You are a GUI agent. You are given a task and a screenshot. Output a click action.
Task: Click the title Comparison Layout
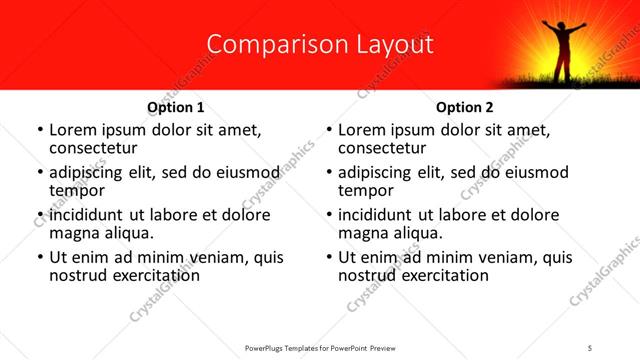[x=320, y=45]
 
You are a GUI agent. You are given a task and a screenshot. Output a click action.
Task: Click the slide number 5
[x=590, y=347]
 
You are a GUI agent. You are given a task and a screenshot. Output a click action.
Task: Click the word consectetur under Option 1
[x=92, y=147]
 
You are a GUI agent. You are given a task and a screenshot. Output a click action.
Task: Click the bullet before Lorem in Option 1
[x=39, y=130]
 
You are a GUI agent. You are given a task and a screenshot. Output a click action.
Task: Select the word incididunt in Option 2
[x=379, y=215]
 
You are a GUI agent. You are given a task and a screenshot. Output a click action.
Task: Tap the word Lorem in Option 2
[x=363, y=129]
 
